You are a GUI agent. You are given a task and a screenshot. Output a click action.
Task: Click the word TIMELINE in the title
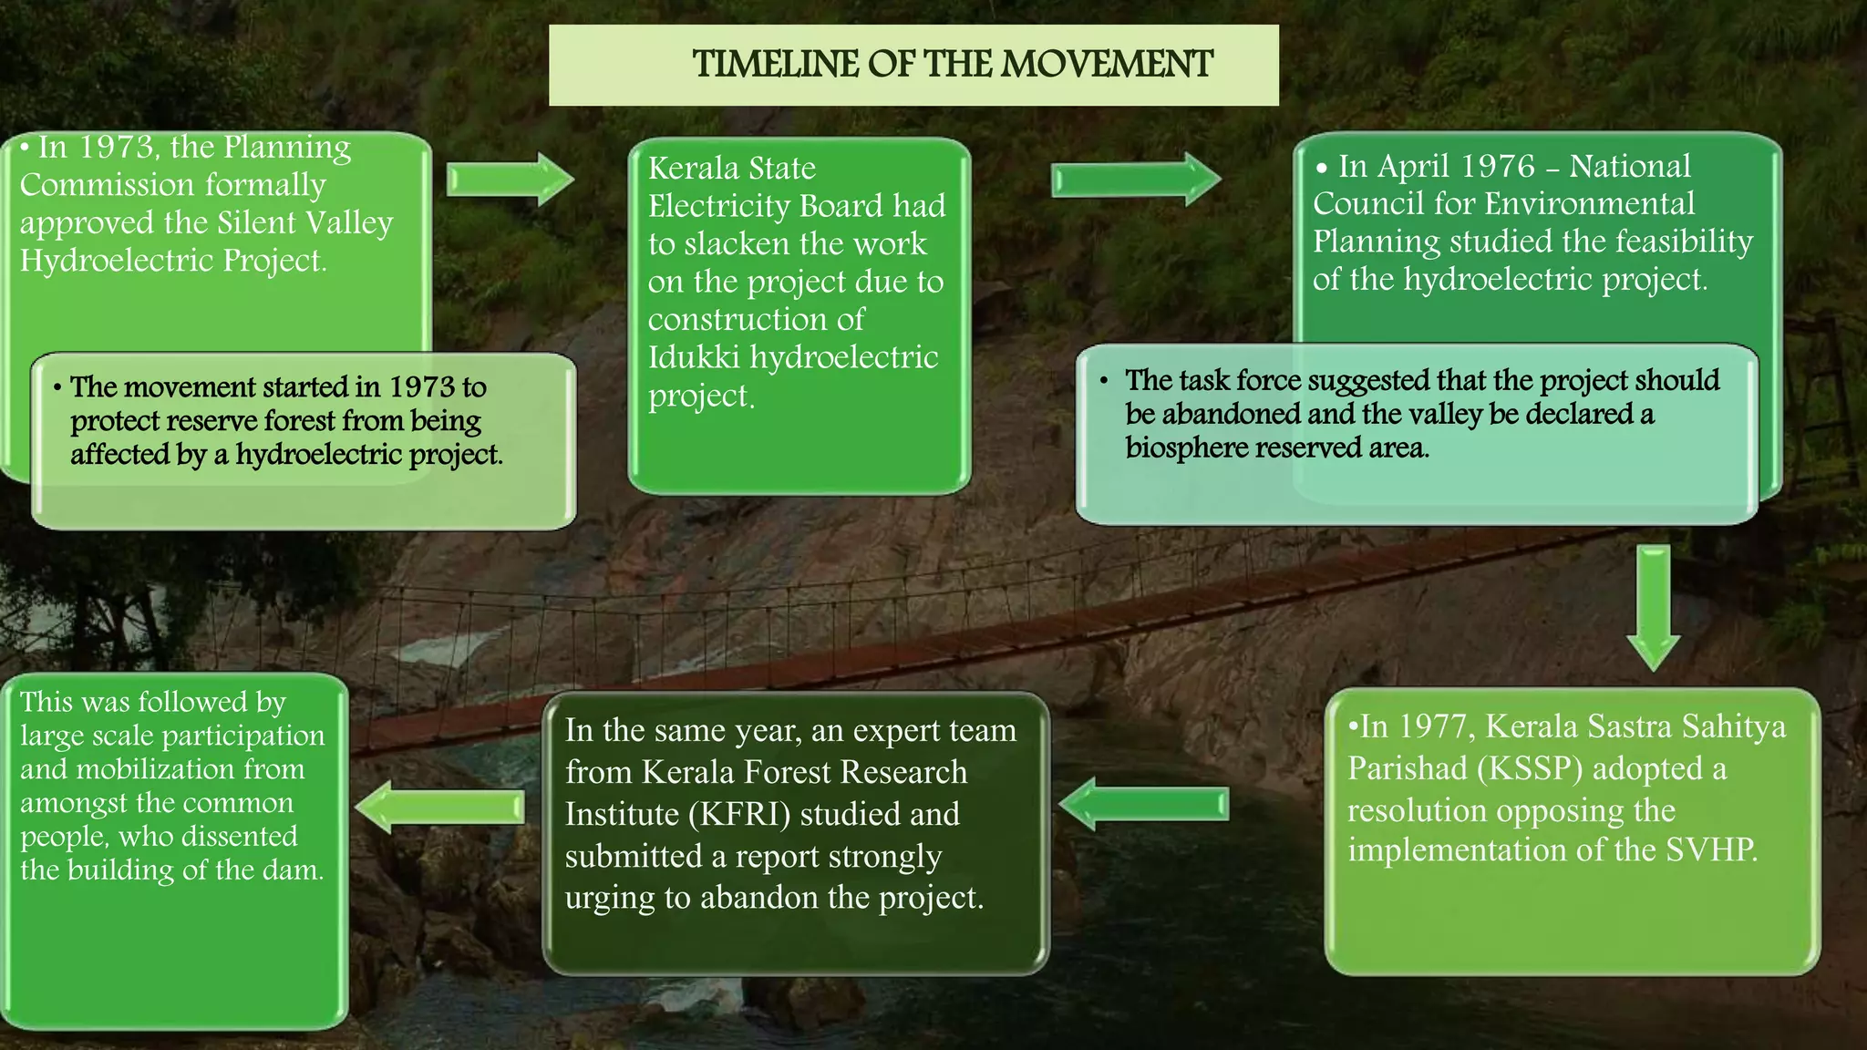pyautogui.click(x=776, y=65)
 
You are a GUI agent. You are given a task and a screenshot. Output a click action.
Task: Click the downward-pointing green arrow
pyautogui.click(x=1653, y=607)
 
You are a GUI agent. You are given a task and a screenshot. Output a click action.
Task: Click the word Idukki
pyautogui.click(x=693, y=357)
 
